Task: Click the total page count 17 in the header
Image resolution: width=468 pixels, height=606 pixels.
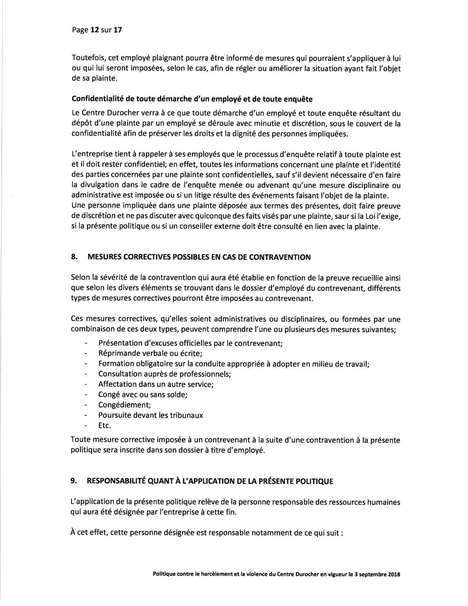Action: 117,30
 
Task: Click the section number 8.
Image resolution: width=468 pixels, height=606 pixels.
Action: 74,257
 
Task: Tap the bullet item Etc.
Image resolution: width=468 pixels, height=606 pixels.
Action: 104,425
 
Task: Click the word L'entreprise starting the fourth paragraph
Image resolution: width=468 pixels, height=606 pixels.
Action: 90,154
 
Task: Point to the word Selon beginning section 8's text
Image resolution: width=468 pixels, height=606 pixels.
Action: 80,278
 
